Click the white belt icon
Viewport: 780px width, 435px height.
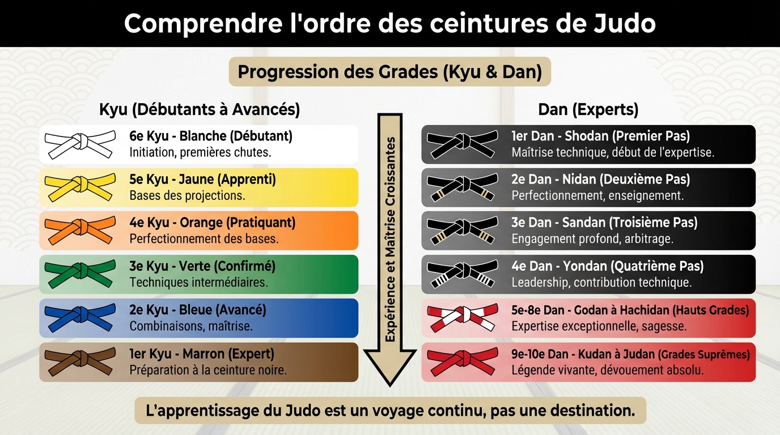coord(80,144)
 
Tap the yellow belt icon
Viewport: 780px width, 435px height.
coord(80,187)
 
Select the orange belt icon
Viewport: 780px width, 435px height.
coord(80,231)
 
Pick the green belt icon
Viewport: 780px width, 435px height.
coord(80,274)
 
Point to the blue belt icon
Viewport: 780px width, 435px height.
coord(80,318)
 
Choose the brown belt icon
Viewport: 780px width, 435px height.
coord(80,362)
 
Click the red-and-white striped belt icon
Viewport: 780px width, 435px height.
coord(462,318)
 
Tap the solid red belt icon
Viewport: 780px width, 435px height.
coord(462,362)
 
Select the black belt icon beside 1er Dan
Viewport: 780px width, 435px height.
coord(462,144)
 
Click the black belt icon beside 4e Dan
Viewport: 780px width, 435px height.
coord(462,274)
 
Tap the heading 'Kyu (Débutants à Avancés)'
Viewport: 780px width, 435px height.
coord(200,109)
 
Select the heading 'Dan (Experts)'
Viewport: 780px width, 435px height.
coord(588,109)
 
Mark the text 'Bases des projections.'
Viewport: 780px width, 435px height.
coord(187,195)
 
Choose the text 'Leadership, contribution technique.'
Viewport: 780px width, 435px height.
coord(601,282)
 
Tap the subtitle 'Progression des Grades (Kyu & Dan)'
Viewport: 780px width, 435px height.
coord(389,72)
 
